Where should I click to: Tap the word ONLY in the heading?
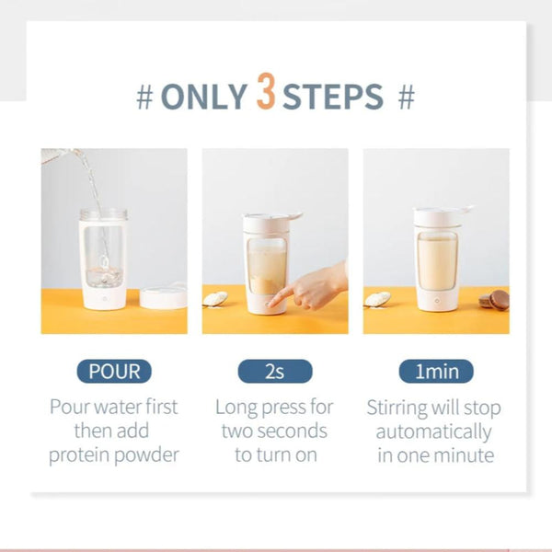[204, 95]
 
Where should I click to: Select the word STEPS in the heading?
[332, 95]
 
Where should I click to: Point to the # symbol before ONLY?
[144, 96]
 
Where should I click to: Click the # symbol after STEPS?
[407, 96]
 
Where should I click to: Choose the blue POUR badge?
[114, 372]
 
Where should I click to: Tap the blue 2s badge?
[274, 372]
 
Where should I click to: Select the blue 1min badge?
[436, 372]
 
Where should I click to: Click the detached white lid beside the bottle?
[163, 297]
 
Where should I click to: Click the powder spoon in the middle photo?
[214, 298]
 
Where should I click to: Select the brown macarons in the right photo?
[493, 299]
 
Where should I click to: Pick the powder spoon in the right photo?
[376, 298]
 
